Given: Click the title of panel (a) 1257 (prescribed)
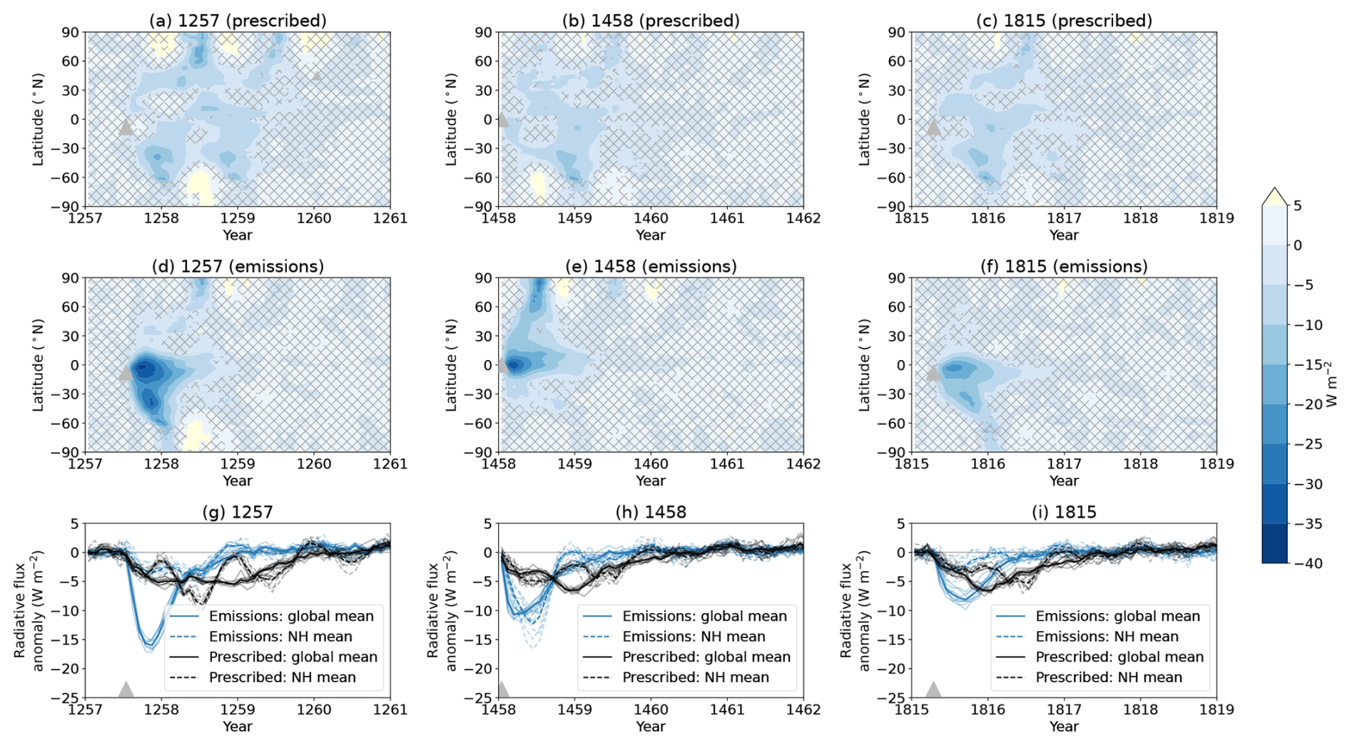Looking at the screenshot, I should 238,21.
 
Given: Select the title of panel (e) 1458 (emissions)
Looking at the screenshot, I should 651,267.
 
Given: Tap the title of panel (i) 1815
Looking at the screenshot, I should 1064,512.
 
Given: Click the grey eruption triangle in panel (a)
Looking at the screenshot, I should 126,128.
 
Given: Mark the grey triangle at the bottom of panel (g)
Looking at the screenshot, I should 126,690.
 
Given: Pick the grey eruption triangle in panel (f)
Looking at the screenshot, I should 933,374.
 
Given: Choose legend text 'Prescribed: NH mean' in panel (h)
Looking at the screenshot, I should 696,677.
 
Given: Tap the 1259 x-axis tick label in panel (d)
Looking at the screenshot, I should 238,464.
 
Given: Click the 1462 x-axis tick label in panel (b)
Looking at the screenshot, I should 803,218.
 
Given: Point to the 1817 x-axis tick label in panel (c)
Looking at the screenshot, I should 1064,218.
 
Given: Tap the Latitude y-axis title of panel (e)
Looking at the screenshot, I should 451,365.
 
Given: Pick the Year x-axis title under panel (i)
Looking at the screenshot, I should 1064,726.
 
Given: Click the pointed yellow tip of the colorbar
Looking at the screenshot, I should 1274,192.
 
